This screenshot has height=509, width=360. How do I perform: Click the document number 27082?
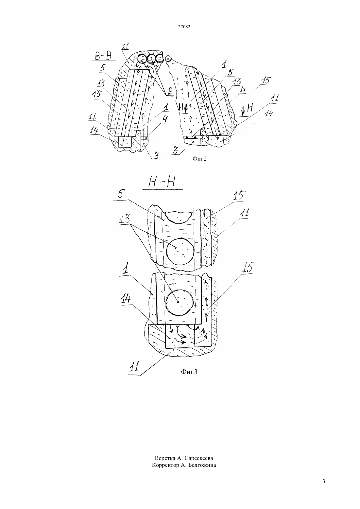pyautogui.click(x=184, y=26)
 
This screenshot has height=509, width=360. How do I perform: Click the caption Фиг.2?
pyautogui.click(x=199, y=159)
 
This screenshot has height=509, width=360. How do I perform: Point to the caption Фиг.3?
pyautogui.click(x=189, y=372)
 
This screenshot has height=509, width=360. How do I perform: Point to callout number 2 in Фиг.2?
pyautogui.click(x=170, y=92)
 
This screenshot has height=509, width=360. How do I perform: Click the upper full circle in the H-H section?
pyautogui.click(x=180, y=251)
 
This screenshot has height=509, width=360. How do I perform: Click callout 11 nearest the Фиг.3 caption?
pyautogui.click(x=134, y=366)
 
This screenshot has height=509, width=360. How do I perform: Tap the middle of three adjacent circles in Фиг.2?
pyautogui.click(x=151, y=59)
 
